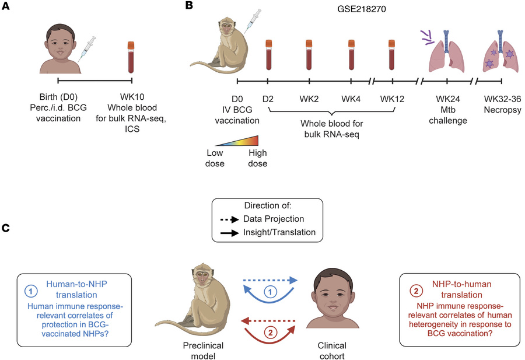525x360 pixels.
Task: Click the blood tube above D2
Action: coord(268,55)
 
